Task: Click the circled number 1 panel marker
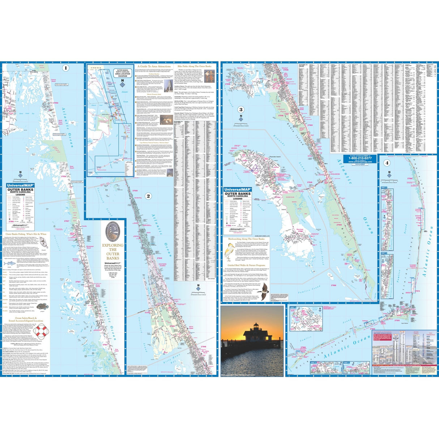click(65, 68)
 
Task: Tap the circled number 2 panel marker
click(148, 196)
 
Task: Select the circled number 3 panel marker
click(241, 110)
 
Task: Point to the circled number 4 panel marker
click(387, 163)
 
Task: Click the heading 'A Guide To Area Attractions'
click(154, 67)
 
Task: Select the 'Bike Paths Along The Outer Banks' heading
click(196, 67)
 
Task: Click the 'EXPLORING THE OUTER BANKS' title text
click(112, 251)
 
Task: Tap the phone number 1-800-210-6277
click(360, 158)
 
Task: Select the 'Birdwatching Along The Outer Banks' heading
click(246, 239)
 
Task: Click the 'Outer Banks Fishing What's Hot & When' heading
click(26, 234)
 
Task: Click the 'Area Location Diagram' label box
click(123, 73)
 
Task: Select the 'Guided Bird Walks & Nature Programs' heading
click(246, 265)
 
